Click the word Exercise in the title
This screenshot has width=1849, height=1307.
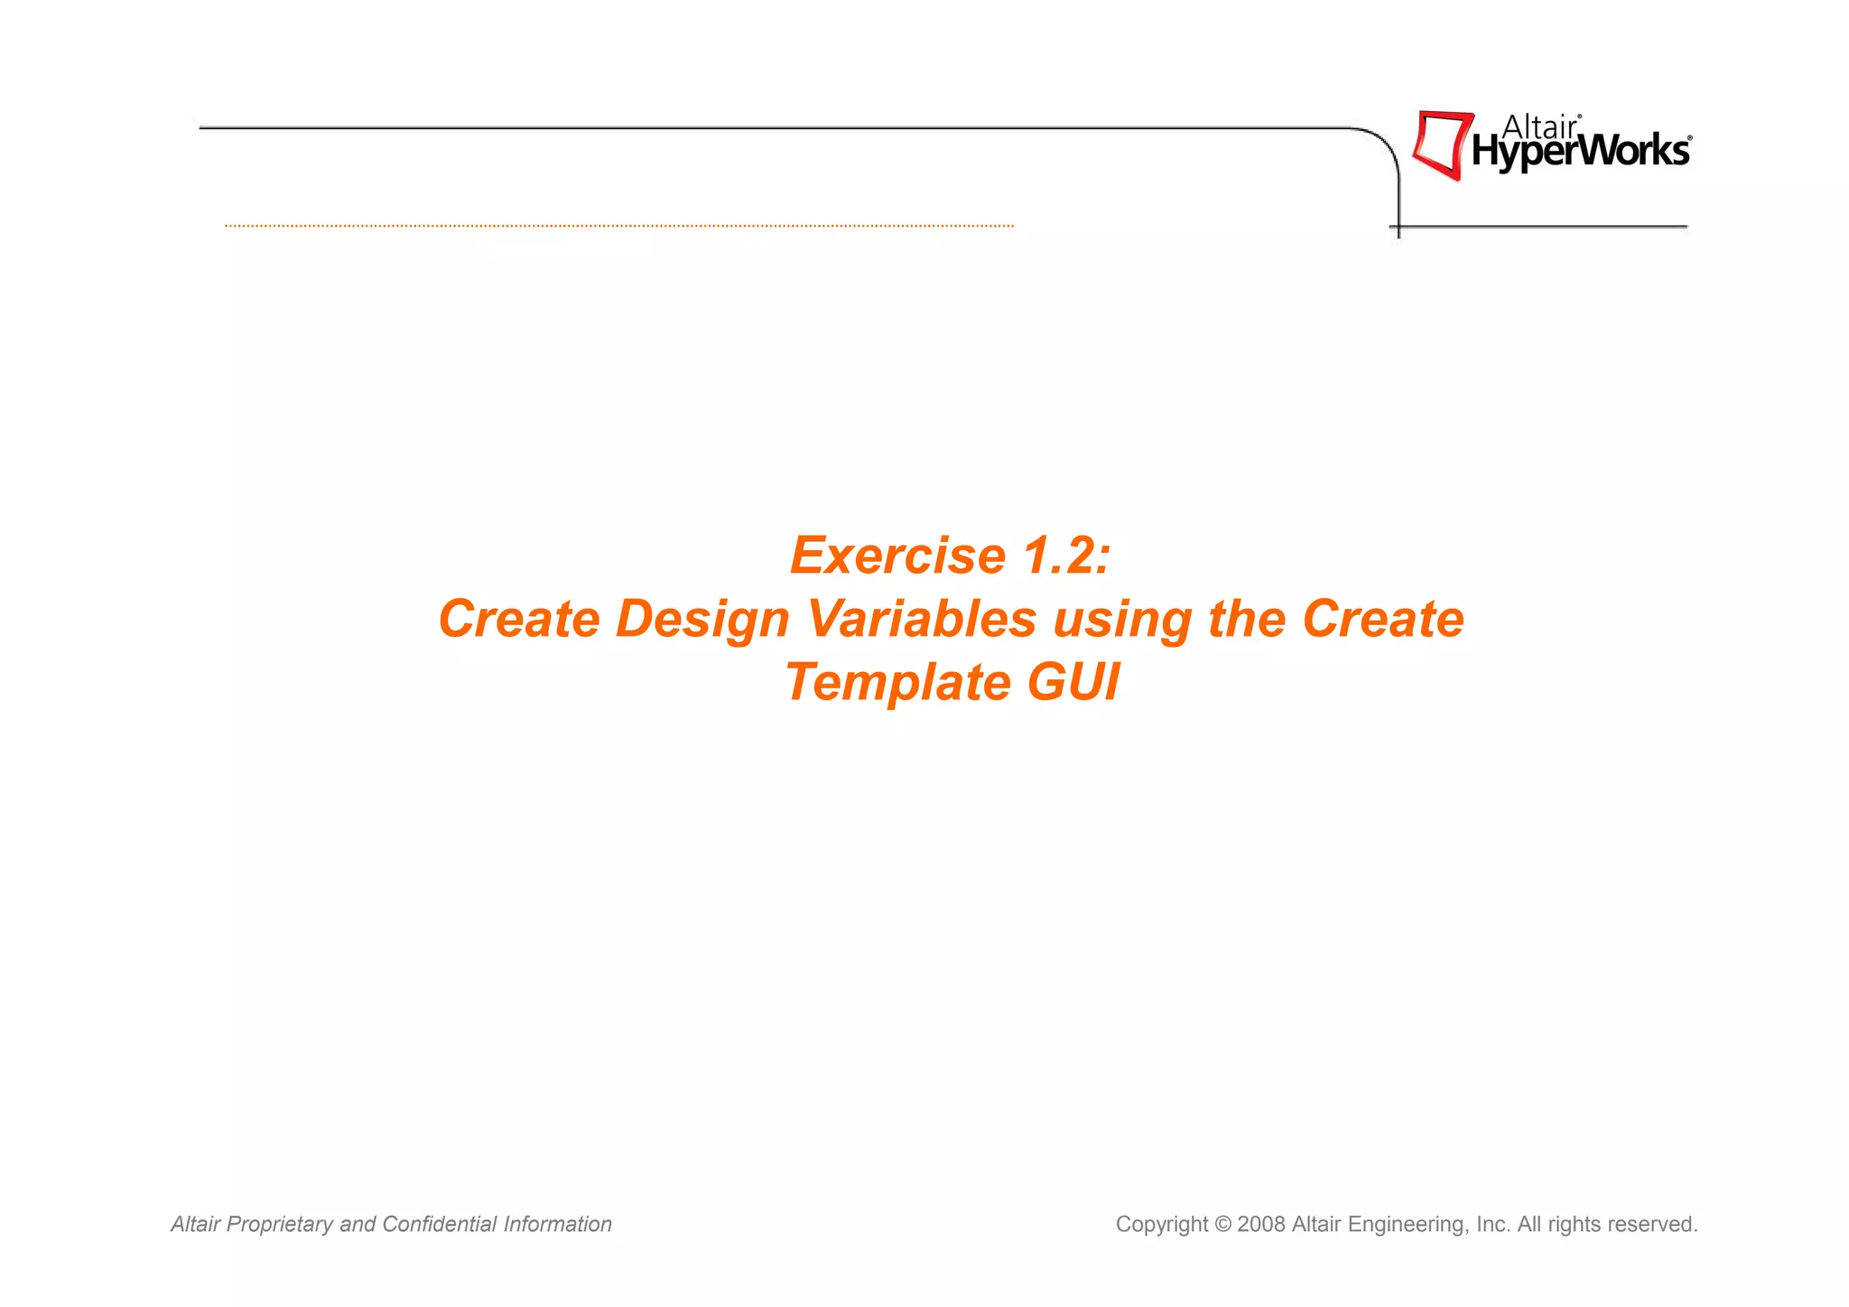point(897,555)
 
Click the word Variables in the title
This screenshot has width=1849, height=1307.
point(922,620)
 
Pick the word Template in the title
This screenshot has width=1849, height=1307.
point(897,683)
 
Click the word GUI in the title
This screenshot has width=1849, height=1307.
point(1073,683)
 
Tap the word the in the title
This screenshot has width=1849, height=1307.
point(1247,620)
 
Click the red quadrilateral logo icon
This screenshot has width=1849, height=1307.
point(1442,145)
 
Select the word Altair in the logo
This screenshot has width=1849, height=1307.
point(1538,127)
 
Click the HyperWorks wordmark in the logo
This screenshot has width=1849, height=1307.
point(1580,152)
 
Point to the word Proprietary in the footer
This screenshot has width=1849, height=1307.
point(280,1225)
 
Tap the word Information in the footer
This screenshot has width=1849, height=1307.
point(557,1225)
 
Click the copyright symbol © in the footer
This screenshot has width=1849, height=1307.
point(1222,1225)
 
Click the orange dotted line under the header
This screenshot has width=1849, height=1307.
point(619,226)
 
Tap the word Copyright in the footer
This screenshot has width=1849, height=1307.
point(1161,1225)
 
